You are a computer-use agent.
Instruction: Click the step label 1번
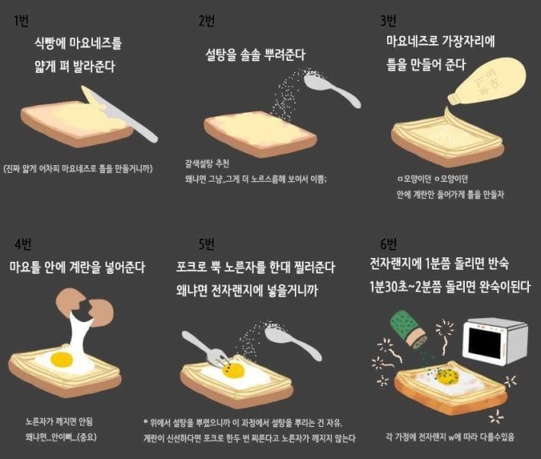[21, 21]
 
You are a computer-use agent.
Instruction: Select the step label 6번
[388, 244]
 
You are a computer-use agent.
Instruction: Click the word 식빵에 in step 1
[52, 43]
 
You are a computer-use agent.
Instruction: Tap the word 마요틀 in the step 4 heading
[27, 268]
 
